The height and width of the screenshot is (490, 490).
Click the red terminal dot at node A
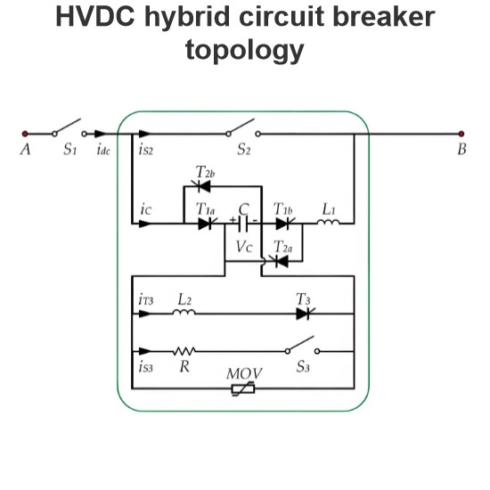(25, 134)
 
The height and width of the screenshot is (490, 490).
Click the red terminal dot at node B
(461, 134)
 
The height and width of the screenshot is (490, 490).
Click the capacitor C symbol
(243, 224)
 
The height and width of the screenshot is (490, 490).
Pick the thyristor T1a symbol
(207, 224)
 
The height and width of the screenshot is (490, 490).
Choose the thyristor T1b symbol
(284, 224)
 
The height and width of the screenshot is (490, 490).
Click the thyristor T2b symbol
(201, 186)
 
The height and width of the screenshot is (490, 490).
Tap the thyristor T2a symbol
(280, 261)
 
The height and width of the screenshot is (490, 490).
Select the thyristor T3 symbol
(305, 314)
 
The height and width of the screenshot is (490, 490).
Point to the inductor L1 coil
(328, 222)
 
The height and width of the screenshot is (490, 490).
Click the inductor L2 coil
(184, 312)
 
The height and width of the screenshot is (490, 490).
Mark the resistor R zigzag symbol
(184, 351)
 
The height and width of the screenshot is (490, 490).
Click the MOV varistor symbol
(243, 388)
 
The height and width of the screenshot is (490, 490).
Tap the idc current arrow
(100, 134)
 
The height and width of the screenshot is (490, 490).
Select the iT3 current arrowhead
(144, 314)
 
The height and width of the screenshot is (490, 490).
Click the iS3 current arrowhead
(144, 351)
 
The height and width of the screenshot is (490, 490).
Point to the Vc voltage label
(244, 247)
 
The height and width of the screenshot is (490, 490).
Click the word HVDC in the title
(95, 17)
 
